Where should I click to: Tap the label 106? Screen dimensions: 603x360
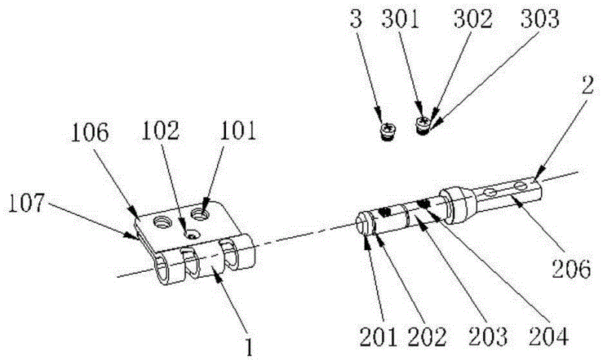click(x=90, y=133)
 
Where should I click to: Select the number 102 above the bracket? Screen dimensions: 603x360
click(x=161, y=130)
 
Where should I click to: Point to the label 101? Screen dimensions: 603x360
click(x=238, y=130)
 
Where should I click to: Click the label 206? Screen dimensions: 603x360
click(x=571, y=269)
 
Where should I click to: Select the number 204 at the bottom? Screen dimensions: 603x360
click(x=549, y=337)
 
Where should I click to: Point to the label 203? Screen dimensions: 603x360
click(x=488, y=337)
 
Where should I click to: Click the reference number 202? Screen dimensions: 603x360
click(x=427, y=337)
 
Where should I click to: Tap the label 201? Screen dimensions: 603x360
click(x=378, y=337)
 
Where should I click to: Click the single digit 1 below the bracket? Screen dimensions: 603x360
click(x=249, y=347)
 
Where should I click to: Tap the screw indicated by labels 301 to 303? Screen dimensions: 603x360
click(x=424, y=126)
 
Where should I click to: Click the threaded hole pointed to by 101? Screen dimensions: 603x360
click(x=199, y=213)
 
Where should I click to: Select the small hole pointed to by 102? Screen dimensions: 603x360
click(x=191, y=234)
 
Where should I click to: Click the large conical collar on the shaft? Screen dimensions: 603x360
click(x=457, y=206)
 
